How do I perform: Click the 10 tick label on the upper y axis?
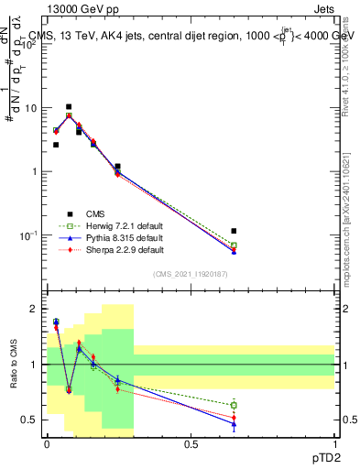[32, 108]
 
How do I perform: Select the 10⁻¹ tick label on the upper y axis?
[30, 235]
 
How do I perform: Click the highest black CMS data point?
[69, 107]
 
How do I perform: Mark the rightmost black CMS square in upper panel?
[234, 231]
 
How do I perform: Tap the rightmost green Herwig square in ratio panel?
[234, 405]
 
